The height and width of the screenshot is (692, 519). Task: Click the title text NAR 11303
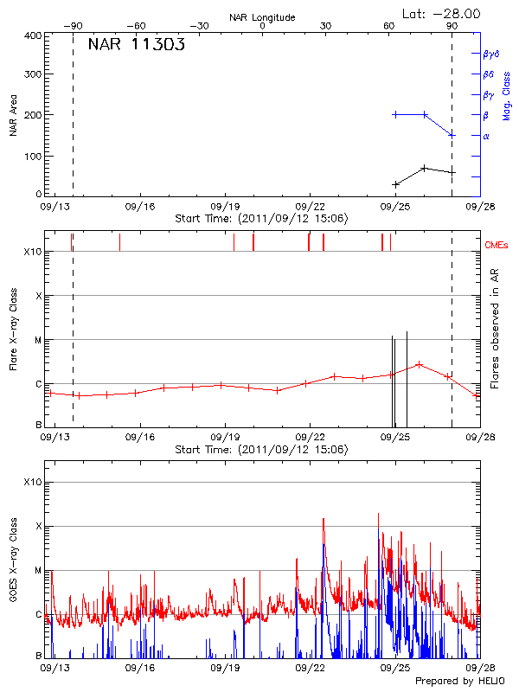coord(137,47)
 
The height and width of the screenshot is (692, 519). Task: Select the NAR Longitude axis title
coord(262,16)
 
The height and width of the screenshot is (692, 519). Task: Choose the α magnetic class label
coord(486,136)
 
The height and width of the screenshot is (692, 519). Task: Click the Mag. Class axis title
coord(507,90)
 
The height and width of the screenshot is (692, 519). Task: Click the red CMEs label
coord(497,245)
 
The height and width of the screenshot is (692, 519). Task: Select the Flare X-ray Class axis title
coord(13,330)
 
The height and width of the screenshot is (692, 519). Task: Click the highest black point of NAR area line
coord(424,168)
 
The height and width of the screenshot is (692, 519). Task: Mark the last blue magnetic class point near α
coord(452,135)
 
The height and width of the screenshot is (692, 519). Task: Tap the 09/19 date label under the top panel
coord(225,208)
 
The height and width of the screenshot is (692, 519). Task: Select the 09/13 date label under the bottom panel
coord(54,668)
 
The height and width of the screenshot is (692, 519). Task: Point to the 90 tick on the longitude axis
coord(452,27)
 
